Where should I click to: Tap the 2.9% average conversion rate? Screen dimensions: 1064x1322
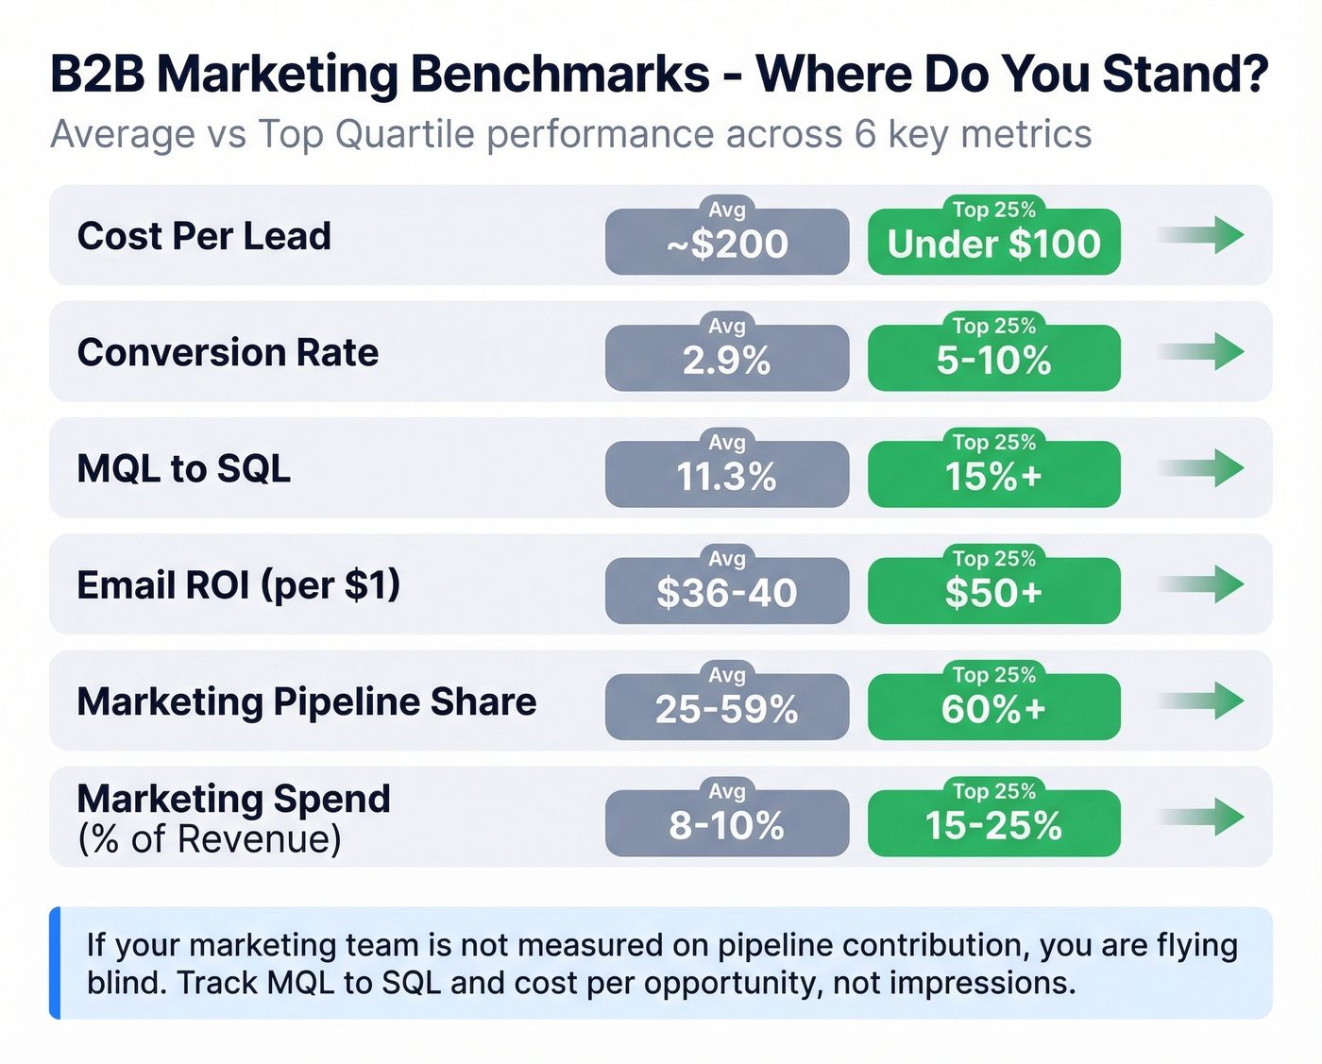[x=726, y=359]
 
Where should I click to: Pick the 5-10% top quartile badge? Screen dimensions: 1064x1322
[x=993, y=359]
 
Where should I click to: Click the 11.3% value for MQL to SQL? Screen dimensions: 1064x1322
[x=726, y=475]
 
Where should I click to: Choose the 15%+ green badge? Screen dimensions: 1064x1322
[x=993, y=475]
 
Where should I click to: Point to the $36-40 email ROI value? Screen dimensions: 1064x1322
[x=726, y=591]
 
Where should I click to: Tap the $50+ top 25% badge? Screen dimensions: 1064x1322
[x=993, y=591]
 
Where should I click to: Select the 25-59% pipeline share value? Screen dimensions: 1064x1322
[x=726, y=707]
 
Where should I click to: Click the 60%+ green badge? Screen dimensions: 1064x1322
[x=993, y=707]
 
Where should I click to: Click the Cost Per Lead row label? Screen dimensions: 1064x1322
[x=204, y=236]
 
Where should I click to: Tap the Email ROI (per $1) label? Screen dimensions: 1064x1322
[x=238, y=585]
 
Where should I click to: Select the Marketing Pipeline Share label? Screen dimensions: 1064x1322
[x=306, y=701]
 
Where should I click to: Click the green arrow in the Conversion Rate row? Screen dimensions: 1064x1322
[x=1204, y=351]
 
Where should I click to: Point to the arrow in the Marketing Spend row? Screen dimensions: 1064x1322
[x=1204, y=817]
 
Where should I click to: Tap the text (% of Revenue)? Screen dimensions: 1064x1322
[x=209, y=838]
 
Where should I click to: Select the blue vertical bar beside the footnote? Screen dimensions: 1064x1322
[x=55, y=963]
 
